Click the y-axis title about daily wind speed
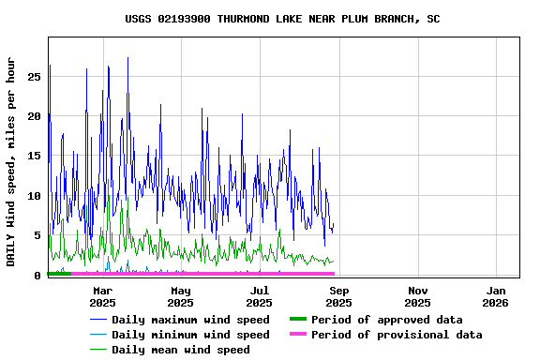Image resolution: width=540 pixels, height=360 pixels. coord(11,161)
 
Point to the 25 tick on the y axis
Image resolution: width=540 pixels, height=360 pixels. coord(34,77)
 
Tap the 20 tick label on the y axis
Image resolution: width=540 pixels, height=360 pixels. coord(34,116)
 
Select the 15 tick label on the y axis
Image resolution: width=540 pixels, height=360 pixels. coord(34,156)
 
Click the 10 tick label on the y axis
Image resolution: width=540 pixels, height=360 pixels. coord(34,196)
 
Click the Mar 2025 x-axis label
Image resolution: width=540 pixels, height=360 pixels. coord(102,296)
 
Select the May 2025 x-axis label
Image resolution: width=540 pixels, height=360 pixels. coord(181,296)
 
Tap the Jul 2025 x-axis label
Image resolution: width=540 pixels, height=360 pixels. coord(260,296)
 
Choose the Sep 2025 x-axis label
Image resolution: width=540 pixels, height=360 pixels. coord(338,296)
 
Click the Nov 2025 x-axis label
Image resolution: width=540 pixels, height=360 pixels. coord(417,296)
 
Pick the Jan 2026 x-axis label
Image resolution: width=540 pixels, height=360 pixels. coord(496,296)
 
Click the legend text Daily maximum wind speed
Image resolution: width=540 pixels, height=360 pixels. coord(190,320)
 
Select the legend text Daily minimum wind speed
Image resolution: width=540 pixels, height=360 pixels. coord(190,335)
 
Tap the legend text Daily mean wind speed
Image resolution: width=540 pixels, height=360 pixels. coord(181,350)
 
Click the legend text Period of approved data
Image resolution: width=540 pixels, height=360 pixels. coord(387,320)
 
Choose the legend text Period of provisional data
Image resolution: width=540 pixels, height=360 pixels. coord(397,335)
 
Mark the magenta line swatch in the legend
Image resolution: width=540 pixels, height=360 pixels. coord(297,335)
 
